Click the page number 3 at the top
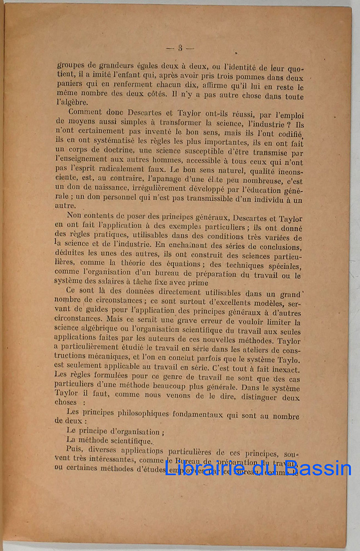coord(180,48)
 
